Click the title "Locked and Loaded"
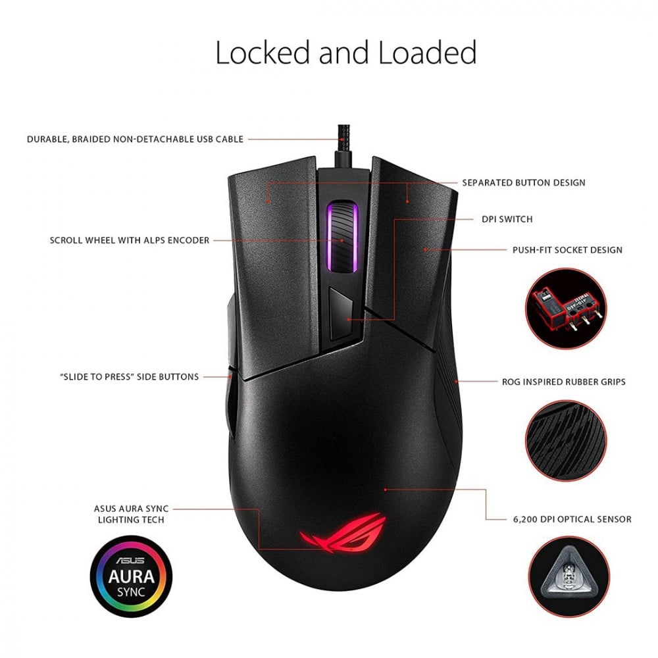pos(345,53)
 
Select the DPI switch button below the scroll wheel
pos(341,315)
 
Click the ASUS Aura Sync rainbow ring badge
pos(131,576)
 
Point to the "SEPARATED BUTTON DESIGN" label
pos(523,182)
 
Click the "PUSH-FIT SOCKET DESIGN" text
pos(567,250)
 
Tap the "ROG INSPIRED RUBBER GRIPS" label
pos(563,381)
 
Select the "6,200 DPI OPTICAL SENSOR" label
pos(571,519)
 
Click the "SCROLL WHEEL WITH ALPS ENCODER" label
pos(130,240)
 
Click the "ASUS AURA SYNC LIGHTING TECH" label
pos(132,514)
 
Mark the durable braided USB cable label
pos(135,139)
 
